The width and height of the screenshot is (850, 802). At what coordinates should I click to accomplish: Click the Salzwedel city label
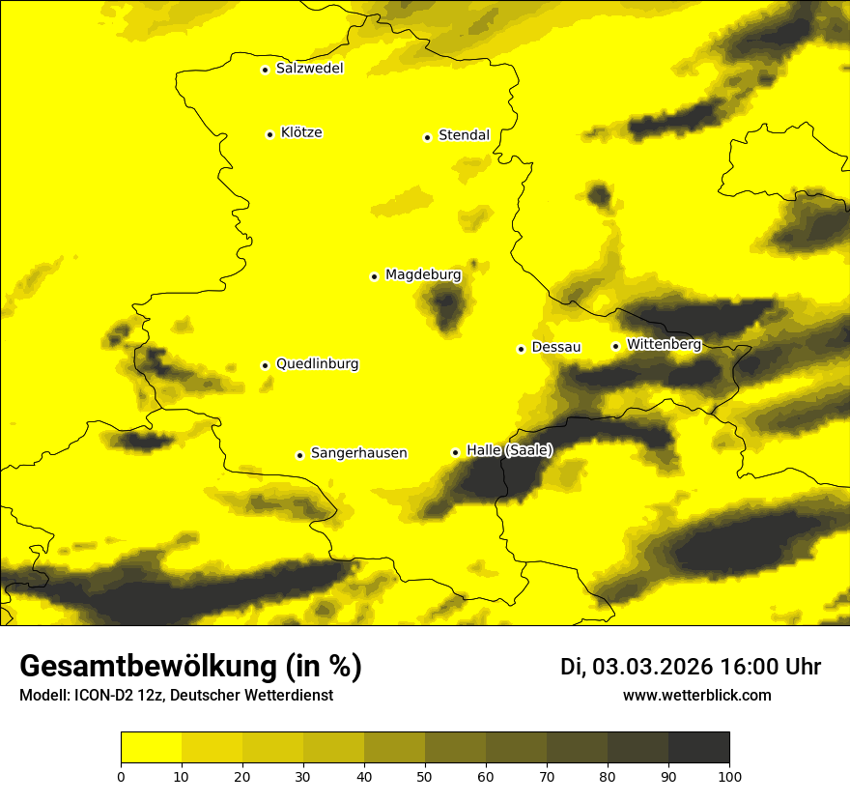(x=309, y=69)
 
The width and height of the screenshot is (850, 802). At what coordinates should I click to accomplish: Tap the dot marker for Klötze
(x=269, y=134)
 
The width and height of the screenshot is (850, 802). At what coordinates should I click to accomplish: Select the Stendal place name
(x=464, y=135)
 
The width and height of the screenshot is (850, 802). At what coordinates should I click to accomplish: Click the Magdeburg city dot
(x=374, y=276)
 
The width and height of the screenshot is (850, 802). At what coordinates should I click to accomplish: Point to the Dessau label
(x=556, y=347)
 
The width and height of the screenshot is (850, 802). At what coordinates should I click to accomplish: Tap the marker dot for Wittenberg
(x=615, y=346)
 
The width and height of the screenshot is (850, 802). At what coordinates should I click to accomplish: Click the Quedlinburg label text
(x=317, y=364)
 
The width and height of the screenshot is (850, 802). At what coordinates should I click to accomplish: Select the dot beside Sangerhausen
(x=299, y=455)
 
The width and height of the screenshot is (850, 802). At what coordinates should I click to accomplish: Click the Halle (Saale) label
(x=509, y=450)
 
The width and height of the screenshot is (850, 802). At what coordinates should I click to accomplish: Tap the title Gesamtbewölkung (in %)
(x=190, y=667)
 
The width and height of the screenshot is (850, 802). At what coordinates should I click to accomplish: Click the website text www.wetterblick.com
(x=696, y=695)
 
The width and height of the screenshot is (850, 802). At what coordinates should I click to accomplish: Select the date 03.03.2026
(x=652, y=667)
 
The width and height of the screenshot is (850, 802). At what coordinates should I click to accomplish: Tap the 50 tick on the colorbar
(x=425, y=776)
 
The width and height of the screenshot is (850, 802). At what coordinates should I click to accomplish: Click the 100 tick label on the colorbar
(x=729, y=776)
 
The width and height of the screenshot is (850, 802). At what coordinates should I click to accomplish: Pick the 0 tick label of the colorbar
(x=121, y=776)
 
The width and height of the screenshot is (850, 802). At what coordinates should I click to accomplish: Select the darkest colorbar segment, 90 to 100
(x=698, y=748)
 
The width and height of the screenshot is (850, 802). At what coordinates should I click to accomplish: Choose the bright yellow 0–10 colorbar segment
(x=151, y=748)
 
